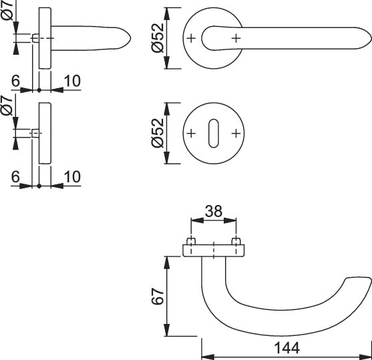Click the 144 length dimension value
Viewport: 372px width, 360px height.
(x=287, y=348)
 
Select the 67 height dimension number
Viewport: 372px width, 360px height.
(x=158, y=297)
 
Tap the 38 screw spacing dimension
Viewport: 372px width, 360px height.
(x=214, y=211)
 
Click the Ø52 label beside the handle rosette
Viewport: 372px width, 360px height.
(x=158, y=38)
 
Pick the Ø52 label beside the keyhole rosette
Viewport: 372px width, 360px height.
(x=158, y=133)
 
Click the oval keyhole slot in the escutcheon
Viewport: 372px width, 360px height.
(x=214, y=133)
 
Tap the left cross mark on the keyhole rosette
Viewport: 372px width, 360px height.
(x=191, y=134)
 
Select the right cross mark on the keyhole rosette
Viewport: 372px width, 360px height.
(x=236, y=134)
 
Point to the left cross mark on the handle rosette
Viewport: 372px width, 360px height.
(x=191, y=38)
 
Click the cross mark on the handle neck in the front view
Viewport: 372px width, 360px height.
(x=236, y=38)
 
